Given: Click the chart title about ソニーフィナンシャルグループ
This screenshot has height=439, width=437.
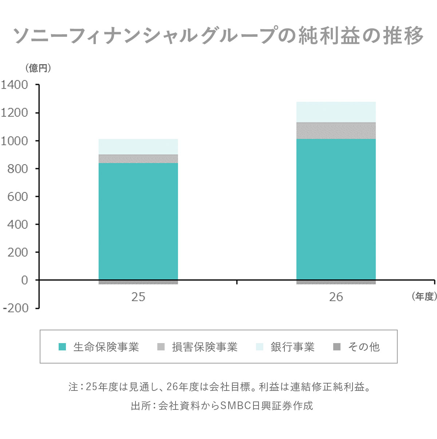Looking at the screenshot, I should (x=219, y=36).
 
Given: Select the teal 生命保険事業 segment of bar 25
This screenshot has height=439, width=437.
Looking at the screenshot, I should (x=138, y=221).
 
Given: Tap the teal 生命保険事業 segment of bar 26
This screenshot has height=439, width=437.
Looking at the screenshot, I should (x=336, y=209).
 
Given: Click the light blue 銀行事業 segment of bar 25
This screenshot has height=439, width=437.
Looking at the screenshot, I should (x=138, y=147).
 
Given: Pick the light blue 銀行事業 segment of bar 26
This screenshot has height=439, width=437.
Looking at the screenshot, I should (x=336, y=112).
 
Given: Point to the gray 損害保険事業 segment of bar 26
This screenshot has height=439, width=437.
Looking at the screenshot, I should (x=336, y=131).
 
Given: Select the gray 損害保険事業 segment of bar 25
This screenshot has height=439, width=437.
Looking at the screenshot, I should (x=138, y=159).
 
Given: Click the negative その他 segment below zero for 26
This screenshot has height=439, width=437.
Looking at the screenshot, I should (x=336, y=282).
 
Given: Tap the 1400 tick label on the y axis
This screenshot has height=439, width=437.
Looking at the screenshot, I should (x=15, y=85).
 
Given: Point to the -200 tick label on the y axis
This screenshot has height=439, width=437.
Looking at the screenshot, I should (x=15, y=308).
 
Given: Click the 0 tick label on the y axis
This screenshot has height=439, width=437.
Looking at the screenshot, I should (x=24, y=280).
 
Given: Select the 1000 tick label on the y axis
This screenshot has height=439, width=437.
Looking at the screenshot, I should (x=15, y=141).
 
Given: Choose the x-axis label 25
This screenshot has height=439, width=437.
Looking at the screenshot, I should (x=138, y=297).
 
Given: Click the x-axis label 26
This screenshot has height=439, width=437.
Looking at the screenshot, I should (x=336, y=297).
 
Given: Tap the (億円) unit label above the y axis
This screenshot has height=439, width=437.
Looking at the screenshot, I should (x=38, y=68).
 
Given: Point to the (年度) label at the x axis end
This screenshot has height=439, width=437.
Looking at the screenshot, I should (x=424, y=297).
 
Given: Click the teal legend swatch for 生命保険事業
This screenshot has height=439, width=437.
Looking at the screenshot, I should (x=62, y=347).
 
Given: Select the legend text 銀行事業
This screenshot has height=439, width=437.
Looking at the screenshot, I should (x=292, y=347).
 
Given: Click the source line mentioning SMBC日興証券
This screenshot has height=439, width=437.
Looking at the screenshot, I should (x=222, y=406).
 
